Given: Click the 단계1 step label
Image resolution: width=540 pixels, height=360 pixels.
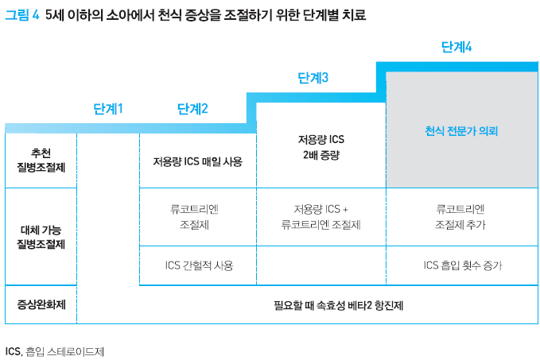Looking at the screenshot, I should point(108,109).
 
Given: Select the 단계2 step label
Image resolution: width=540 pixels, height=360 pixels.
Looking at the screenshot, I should point(192,109).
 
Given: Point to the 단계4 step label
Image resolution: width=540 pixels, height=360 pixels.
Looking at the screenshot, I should point(456,47).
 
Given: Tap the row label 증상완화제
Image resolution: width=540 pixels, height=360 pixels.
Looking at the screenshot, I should point(41,304).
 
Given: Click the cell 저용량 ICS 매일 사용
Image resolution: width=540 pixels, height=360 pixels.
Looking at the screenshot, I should point(198,161).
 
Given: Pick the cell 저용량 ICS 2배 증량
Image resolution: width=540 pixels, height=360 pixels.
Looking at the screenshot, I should point(321,147).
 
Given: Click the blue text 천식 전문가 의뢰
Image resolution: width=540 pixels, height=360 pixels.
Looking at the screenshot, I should point(461,130).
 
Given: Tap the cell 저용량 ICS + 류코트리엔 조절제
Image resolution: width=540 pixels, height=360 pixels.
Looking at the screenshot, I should point(321,217).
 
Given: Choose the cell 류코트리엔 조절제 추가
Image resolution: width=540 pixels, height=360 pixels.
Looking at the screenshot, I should point(461,217).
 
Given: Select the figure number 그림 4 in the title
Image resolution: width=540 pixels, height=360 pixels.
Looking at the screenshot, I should point(22,15).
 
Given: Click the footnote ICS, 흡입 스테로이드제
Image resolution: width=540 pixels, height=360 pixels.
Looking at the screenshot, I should point(55,350).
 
